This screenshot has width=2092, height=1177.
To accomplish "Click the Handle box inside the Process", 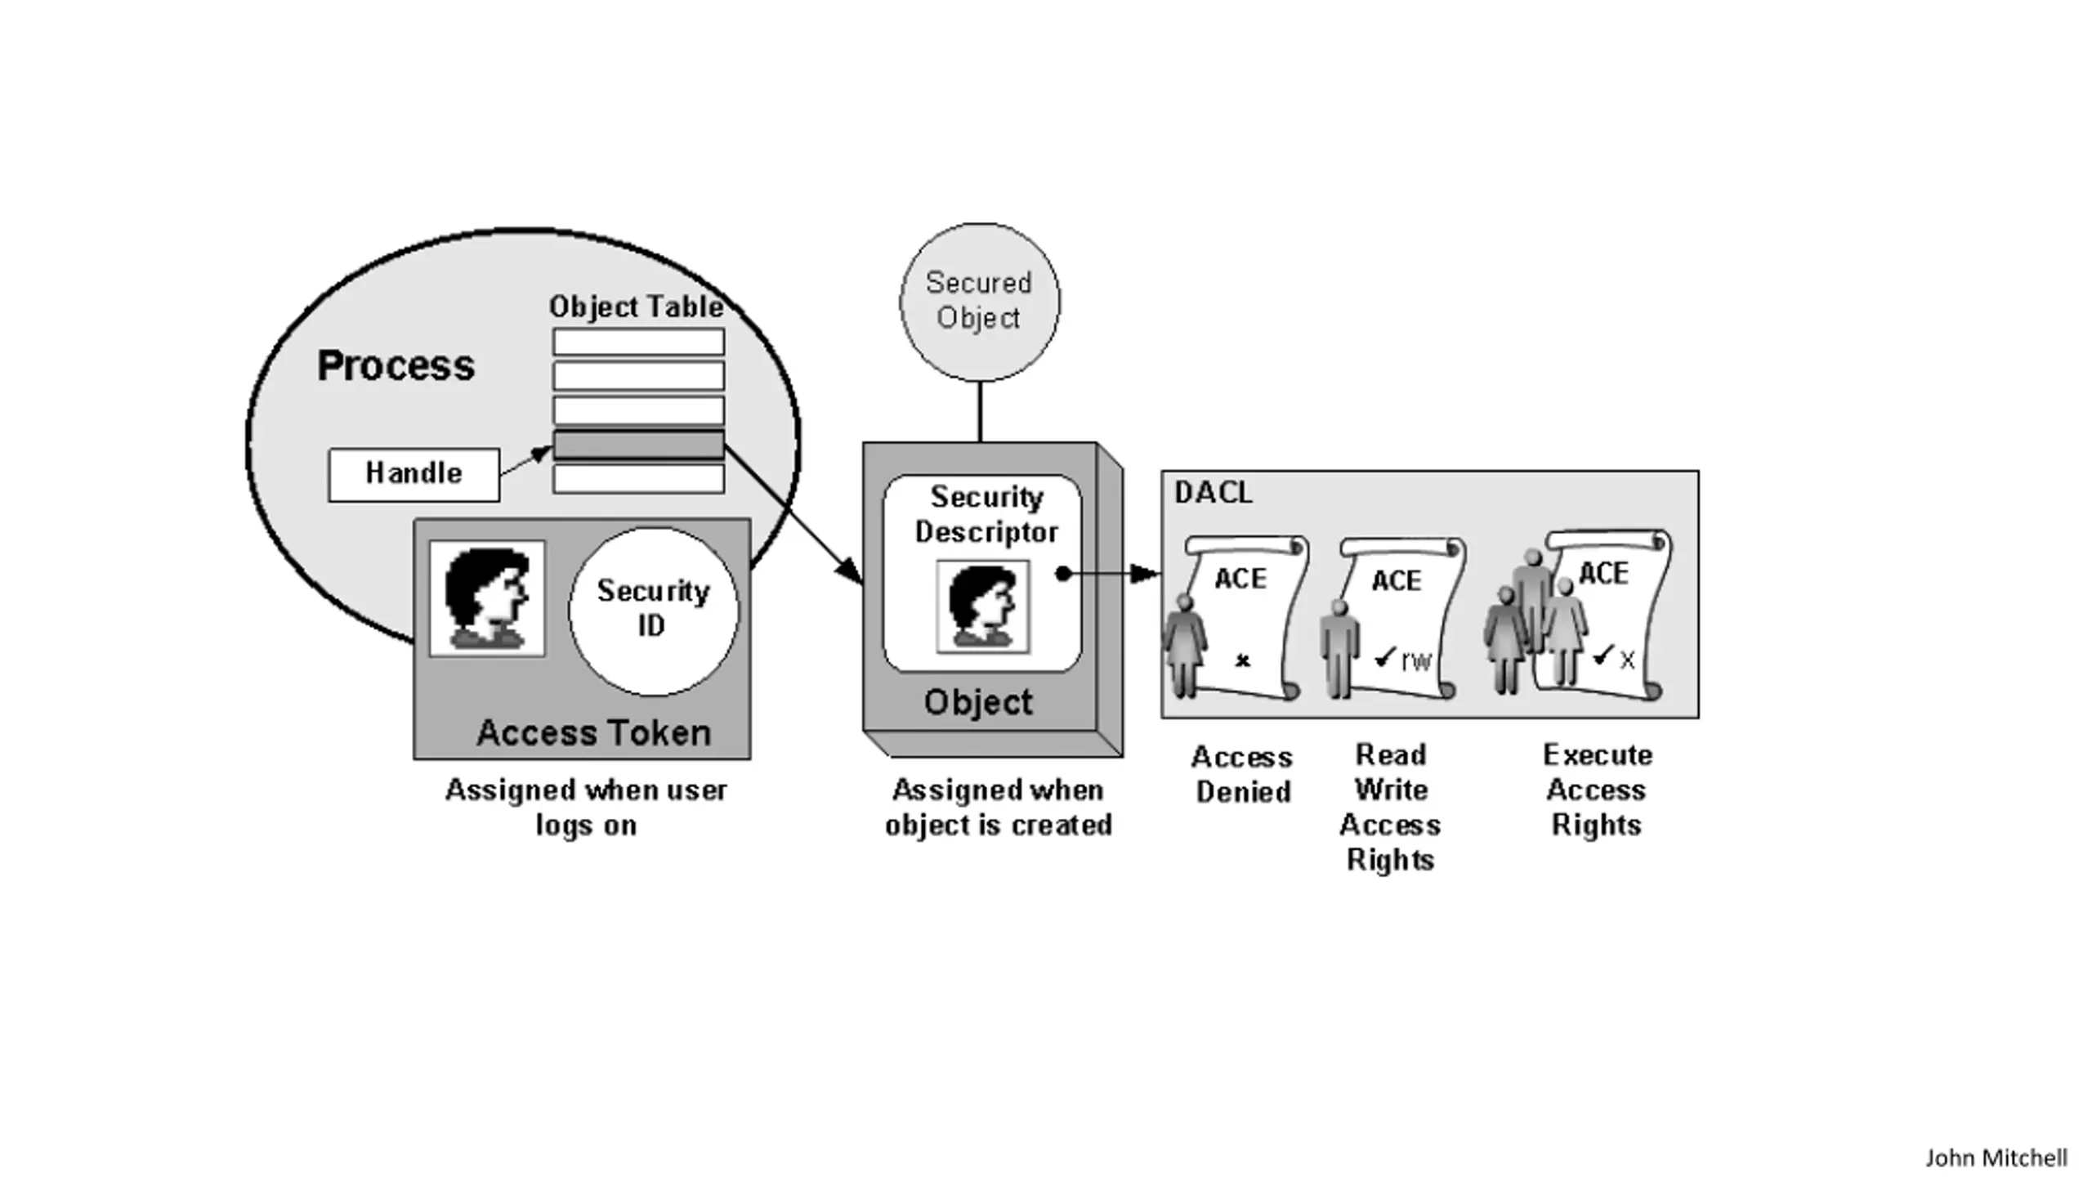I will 413,474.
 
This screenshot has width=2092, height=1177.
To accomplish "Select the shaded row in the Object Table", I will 638,445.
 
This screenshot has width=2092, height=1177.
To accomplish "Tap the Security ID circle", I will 653,610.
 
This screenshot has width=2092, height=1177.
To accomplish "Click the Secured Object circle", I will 979,302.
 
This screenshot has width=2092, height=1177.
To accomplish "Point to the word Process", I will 396,365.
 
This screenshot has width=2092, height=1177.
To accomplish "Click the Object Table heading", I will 636,307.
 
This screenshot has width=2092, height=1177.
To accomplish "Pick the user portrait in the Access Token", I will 487,598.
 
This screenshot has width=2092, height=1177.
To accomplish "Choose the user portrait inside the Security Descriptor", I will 982,606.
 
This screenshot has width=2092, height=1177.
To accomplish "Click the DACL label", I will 1214,492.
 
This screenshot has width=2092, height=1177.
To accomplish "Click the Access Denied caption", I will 1242,774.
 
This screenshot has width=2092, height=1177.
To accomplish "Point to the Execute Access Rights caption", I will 1597,790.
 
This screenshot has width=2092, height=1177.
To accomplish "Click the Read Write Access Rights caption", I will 1390,807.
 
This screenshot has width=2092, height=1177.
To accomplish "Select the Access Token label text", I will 593,733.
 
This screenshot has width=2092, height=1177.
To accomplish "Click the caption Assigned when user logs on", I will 586,808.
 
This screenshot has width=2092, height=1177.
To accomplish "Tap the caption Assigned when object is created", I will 998,808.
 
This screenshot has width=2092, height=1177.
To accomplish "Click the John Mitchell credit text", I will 1996,1157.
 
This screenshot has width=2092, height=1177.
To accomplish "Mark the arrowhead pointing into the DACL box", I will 1146,574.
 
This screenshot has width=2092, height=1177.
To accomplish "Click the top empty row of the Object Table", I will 638,342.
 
